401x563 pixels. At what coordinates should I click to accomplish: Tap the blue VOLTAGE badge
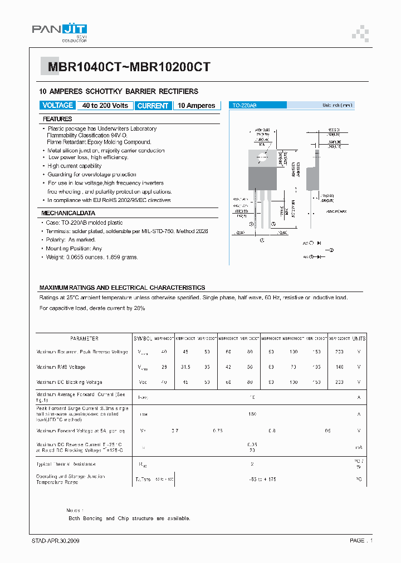coord(58,106)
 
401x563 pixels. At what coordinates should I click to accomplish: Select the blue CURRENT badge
coord(153,106)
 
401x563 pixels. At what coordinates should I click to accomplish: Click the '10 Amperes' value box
coord(196,106)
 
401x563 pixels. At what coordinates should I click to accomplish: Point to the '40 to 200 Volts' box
coord(105,106)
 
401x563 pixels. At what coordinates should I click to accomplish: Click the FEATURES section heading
coord(57,119)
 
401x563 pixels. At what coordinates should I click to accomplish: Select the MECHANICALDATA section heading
coord(69,213)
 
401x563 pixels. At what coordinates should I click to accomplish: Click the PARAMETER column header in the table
coord(84,338)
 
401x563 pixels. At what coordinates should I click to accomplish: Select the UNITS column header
coord(359,338)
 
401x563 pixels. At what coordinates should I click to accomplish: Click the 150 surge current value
coord(252,414)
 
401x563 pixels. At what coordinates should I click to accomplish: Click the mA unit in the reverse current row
coord(359,447)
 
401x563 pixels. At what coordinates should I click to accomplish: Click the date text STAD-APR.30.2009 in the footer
coord(55,541)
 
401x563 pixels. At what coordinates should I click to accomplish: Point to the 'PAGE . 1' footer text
coord(361,541)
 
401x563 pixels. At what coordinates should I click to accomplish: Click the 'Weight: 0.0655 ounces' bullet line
coord(92,257)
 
